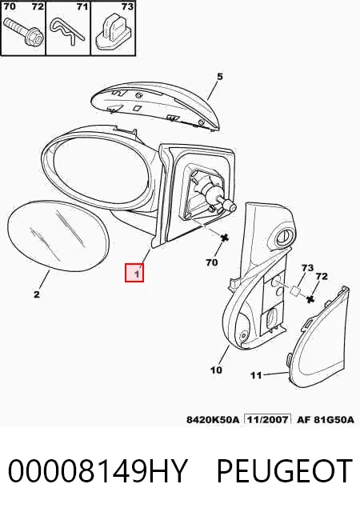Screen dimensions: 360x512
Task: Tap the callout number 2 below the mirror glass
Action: coord(36,294)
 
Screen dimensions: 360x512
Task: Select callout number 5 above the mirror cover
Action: coord(219,77)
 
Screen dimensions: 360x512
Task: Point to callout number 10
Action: coord(216,370)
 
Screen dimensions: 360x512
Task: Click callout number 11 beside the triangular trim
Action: coord(256,375)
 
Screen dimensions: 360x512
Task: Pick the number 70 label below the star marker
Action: coord(212,262)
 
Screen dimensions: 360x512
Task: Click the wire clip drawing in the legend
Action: coord(68,31)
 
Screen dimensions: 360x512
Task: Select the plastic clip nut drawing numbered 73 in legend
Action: coord(113,32)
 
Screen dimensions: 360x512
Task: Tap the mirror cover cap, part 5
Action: coord(154,106)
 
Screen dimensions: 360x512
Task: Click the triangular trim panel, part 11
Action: coord(318,337)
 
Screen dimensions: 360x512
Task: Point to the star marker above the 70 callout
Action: coord(225,238)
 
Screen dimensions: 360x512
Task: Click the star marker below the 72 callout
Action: coord(310,298)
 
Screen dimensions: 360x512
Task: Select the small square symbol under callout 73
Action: coord(295,290)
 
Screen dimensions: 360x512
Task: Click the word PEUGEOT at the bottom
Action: coord(285,470)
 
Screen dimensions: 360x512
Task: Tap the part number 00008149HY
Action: coord(98,470)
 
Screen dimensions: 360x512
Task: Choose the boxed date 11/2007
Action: coord(268,419)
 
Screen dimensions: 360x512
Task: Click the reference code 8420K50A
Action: coord(213,419)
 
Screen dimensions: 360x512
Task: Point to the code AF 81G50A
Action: coord(326,419)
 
